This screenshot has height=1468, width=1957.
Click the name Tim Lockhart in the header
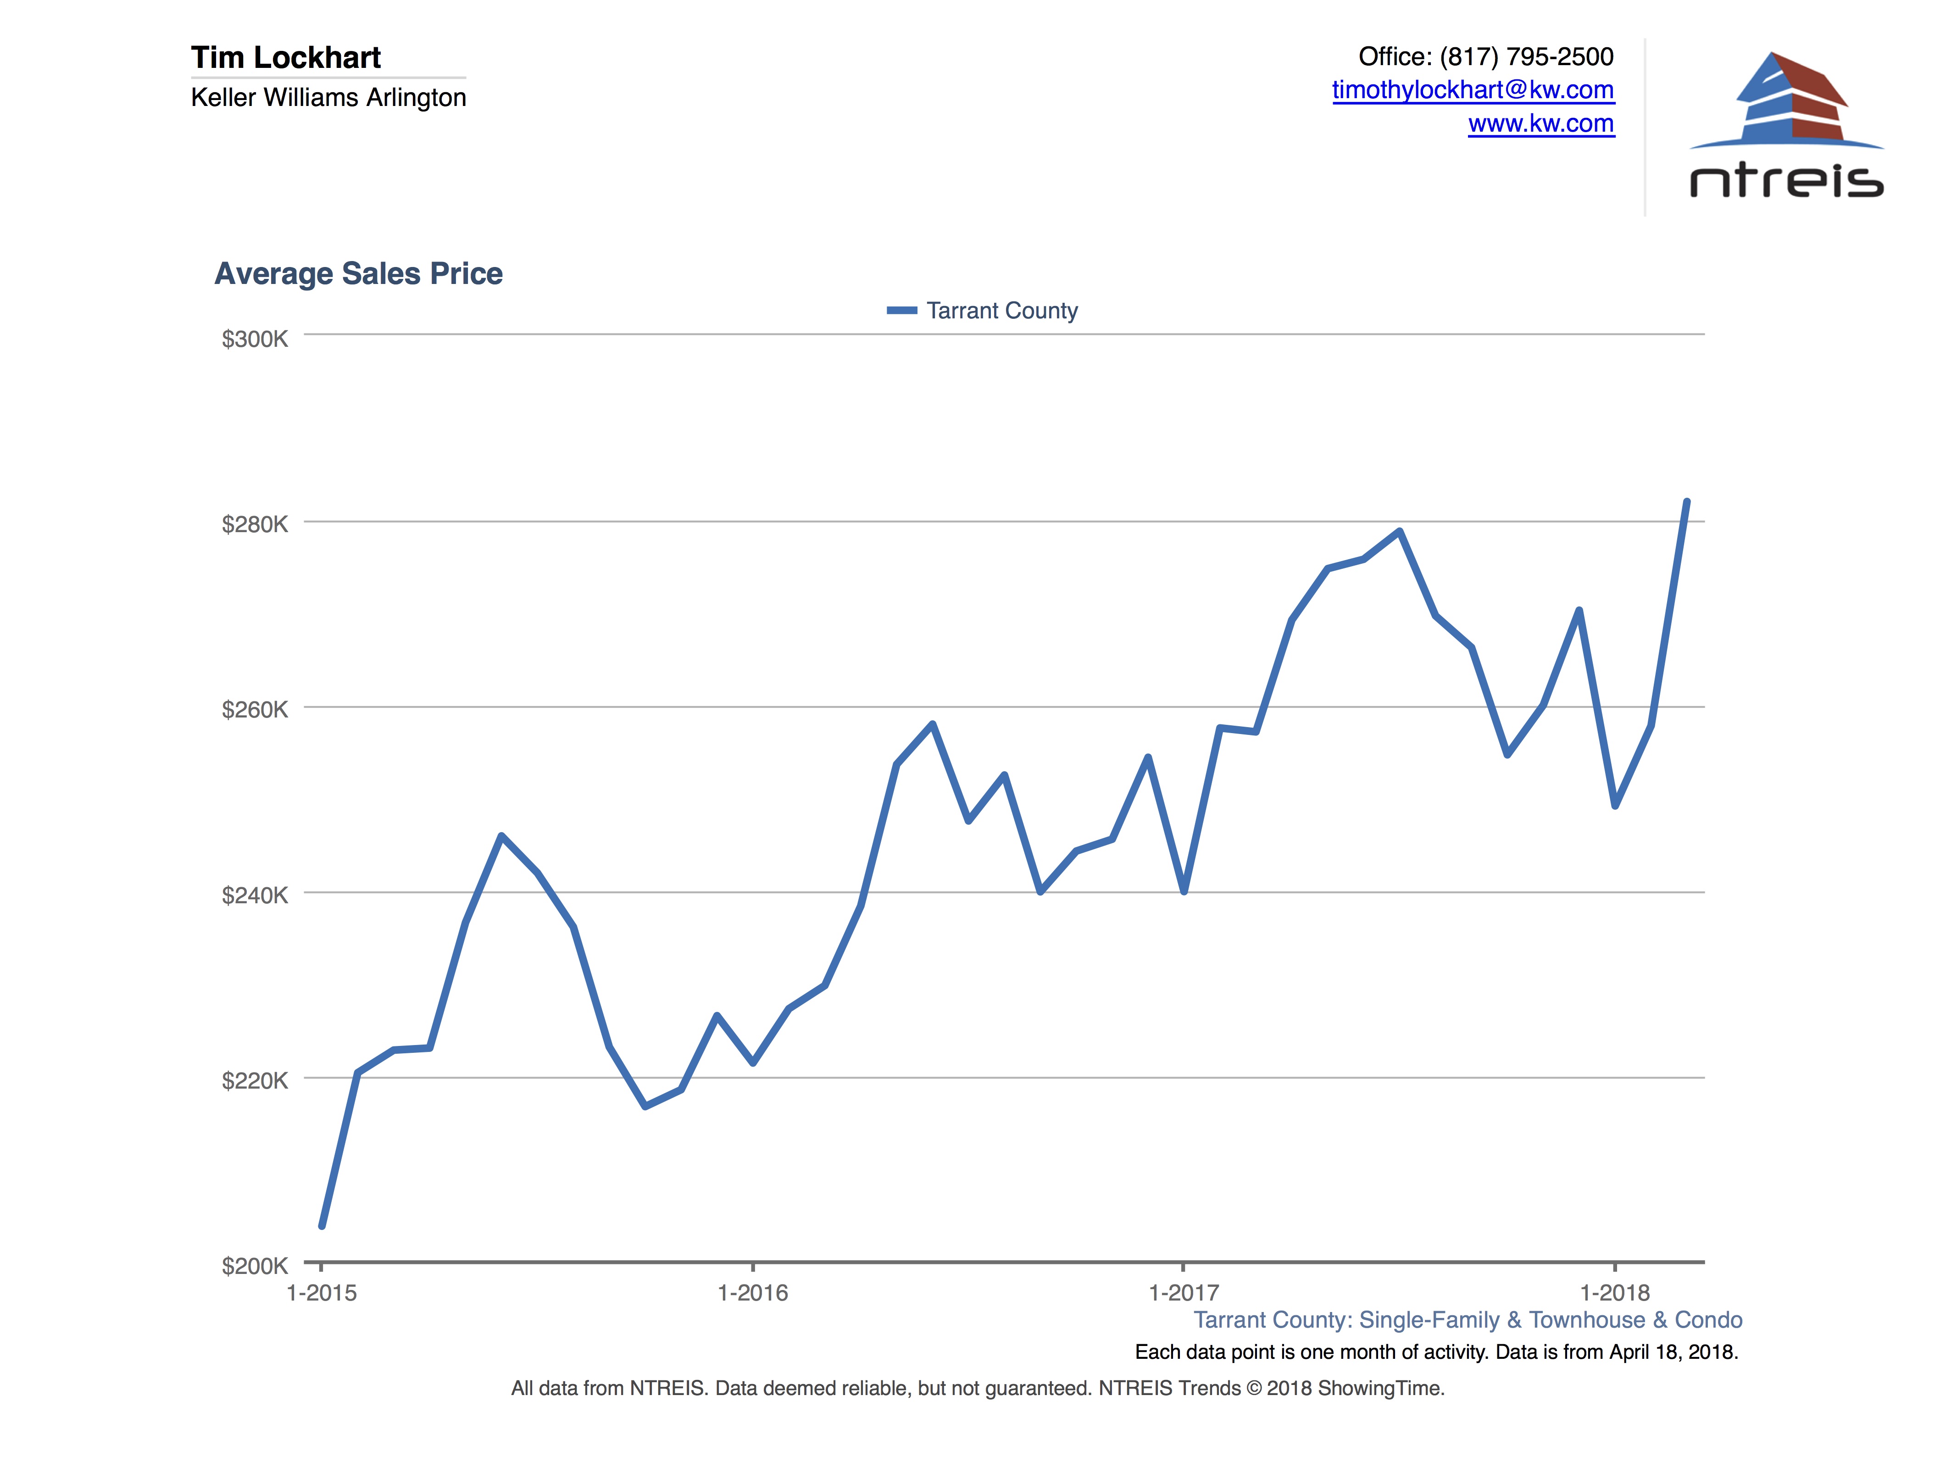pyautogui.click(x=286, y=57)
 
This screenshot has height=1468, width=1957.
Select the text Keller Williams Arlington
pyautogui.click(x=328, y=97)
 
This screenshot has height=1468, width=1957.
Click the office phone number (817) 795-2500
pyautogui.click(x=1526, y=56)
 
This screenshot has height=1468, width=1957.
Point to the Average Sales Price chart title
pyautogui.click(x=358, y=273)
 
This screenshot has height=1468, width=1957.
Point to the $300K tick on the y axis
pyautogui.click(x=255, y=339)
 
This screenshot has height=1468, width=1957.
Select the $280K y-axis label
pyautogui.click(x=255, y=525)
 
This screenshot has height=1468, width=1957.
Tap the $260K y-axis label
pyautogui.click(x=255, y=710)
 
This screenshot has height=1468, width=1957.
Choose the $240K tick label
pyautogui.click(x=255, y=895)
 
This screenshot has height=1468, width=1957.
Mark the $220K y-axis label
pyautogui.click(x=255, y=1080)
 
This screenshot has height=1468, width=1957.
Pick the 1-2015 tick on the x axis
pyautogui.click(x=321, y=1293)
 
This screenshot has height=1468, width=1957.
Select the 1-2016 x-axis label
pyautogui.click(x=752, y=1293)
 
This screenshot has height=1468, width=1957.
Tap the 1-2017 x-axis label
pyautogui.click(x=1183, y=1293)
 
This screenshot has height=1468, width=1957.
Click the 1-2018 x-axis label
pyautogui.click(x=1615, y=1293)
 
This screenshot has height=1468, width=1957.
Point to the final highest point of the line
pyautogui.click(x=1686, y=502)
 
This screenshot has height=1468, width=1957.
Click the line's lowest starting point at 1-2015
pyautogui.click(x=322, y=1225)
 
